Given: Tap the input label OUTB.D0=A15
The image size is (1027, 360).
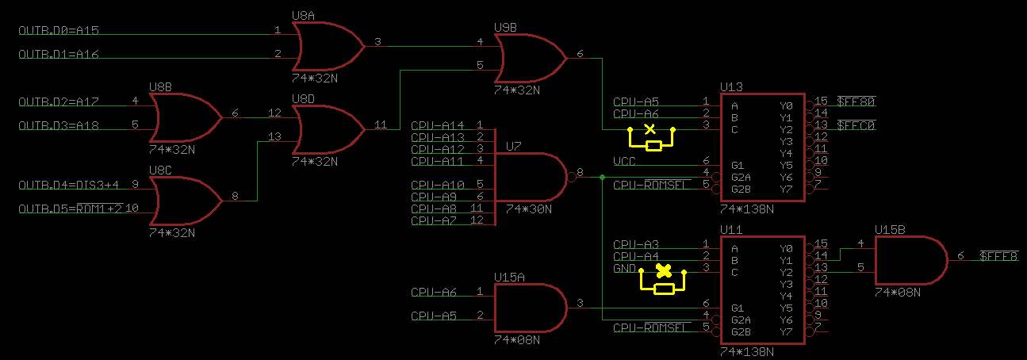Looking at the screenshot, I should (x=59, y=31).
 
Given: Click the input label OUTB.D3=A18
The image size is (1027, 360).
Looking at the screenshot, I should (x=59, y=126).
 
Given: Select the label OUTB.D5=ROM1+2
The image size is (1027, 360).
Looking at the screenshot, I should (x=70, y=209).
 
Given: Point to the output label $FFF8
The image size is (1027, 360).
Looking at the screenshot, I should (x=998, y=256).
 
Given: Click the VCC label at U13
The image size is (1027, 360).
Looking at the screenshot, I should (x=624, y=162).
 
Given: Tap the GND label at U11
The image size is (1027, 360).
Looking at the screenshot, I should (x=624, y=269).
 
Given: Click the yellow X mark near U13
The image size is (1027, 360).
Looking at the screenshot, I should (x=650, y=128).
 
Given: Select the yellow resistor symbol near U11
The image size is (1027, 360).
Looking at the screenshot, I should (x=665, y=289).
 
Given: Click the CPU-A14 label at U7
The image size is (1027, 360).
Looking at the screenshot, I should (x=438, y=125).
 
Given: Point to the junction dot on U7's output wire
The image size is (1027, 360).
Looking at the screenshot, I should (x=603, y=178).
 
